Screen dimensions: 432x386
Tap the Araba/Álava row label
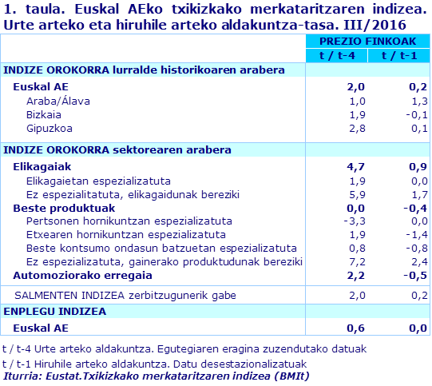pos(58,101)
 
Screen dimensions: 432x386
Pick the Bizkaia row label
pos(45,114)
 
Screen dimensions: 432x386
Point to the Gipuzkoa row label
pos(50,128)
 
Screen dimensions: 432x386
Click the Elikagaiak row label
pos(43,167)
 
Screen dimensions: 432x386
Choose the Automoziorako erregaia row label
pos(82,276)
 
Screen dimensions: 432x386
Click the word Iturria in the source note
pos(23,376)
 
